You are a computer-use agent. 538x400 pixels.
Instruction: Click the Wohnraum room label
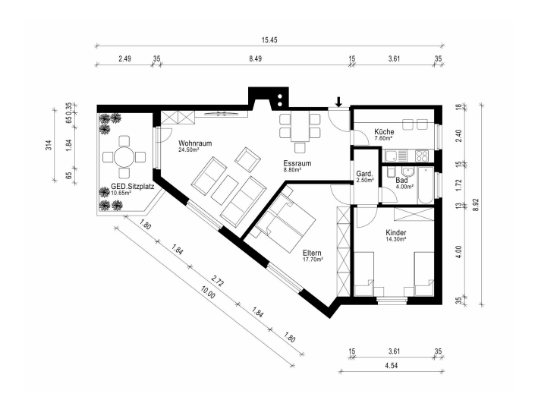195,143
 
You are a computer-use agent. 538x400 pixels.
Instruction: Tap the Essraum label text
297,163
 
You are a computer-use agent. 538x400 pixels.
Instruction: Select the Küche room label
384,132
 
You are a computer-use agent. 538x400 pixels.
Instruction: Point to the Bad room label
401,180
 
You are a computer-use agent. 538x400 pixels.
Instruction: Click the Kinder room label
396,232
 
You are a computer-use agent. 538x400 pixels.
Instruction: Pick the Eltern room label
312,253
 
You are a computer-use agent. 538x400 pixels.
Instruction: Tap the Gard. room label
364,173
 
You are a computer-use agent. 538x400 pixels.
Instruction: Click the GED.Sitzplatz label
133,187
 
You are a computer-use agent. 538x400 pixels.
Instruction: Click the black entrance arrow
338,102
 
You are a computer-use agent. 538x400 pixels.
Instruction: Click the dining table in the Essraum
300,127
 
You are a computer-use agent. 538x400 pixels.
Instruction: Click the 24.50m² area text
189,150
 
